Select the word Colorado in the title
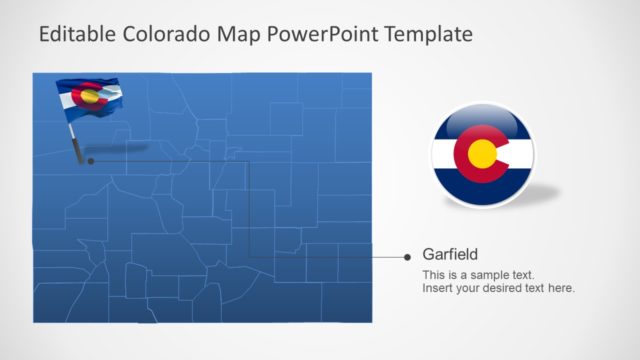coord(164,36)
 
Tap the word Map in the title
coord(233,36)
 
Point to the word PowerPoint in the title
coord(316,36)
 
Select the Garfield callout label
coord(450,254)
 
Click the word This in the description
coord(434,275)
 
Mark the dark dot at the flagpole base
coord(90,159)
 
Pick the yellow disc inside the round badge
coord(483,154)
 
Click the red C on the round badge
coord(466,154)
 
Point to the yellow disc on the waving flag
coord(90,97)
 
